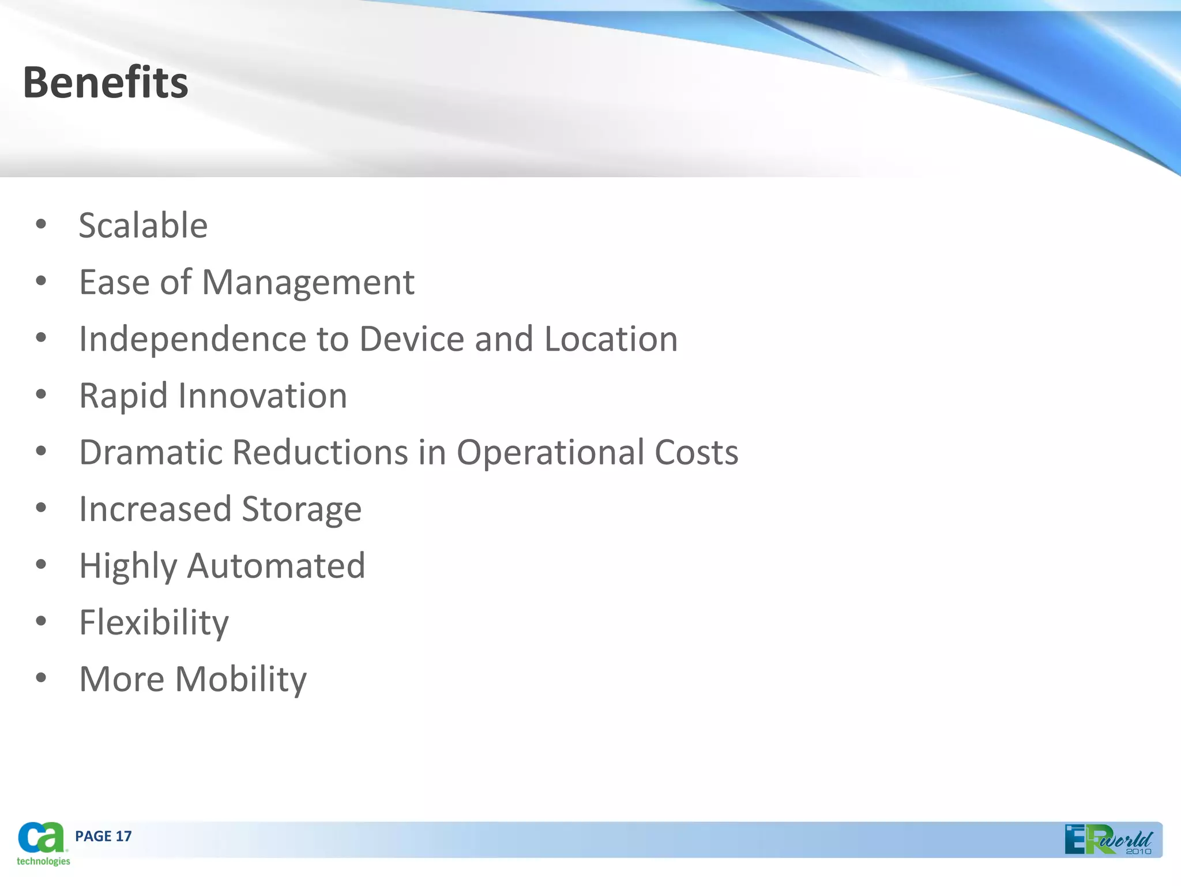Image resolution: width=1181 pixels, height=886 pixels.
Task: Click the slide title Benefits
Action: (106, 82)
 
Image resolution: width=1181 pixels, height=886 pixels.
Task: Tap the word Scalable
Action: (143, 225)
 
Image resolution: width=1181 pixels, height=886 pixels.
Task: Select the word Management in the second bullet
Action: (308, 283)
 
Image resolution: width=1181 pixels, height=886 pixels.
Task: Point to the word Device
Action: (412, 339)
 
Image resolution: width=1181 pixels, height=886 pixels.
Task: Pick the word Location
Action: (611, 339)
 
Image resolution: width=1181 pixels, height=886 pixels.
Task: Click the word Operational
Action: (550, 452)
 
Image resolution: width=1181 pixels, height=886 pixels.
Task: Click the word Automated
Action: (276, 566)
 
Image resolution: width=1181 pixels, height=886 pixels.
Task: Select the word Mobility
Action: (240, 679)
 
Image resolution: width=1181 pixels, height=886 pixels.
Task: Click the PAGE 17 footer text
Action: (103, 836)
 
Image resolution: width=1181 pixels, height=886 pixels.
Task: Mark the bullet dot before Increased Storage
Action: (40, 508)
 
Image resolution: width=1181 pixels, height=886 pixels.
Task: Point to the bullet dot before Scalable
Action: (40, 224)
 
